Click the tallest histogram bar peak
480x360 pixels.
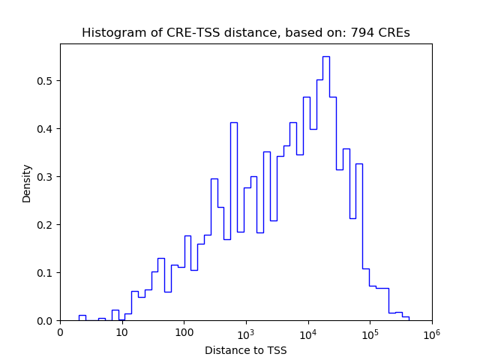(x=325, y=57)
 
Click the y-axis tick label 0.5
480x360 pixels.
(x=46, y=81)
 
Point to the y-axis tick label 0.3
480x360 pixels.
(x=46, y=177)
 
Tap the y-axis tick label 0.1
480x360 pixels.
(x=46, y=273)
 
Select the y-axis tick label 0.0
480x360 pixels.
(x=46, y=321)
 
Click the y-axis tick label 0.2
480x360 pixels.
(x=46, y=225)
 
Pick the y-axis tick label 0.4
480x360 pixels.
(x=46, y=129)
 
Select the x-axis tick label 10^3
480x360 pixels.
(x=246, y=333)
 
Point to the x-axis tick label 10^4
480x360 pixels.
(x=307, y=333)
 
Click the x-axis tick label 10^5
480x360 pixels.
(x=370, y=333)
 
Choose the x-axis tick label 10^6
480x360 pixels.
(x=431, y=333)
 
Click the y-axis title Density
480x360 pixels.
(x=27, y=183)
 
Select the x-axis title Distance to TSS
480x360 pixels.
(x=246, y=349)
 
